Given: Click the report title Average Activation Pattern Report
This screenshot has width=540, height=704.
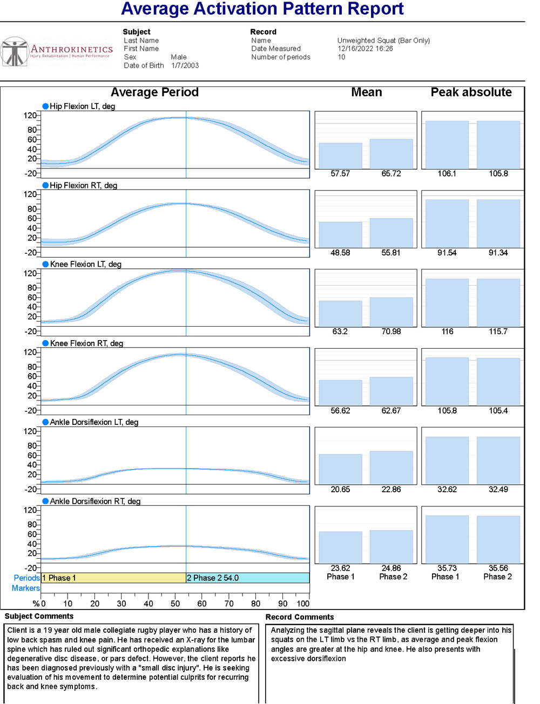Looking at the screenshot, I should tap(262, 9).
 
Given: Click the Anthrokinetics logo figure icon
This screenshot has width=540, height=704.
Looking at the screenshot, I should tap(15, 52).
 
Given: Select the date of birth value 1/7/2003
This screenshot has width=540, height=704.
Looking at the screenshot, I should tap(185, 65).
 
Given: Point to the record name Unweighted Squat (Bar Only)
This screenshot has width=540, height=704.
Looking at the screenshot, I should tap(383, 40).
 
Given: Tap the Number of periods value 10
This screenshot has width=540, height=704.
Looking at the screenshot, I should tap(341, 57).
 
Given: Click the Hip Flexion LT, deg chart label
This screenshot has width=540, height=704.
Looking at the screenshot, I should tap(82, 106).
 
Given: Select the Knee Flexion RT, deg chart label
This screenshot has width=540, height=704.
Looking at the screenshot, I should tap(86, 343).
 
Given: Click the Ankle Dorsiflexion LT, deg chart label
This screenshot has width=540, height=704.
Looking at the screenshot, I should tap(94, 422).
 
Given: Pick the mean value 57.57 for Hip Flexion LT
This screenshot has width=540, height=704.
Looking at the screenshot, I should tap(340, 174).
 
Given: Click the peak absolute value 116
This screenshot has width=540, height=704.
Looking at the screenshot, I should tap(448, 331).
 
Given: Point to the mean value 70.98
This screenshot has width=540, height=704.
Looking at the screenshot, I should tap(391, 331).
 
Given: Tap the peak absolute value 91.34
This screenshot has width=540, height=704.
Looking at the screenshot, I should tap(498, 253).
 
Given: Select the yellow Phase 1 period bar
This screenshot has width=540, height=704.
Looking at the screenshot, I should tap(113, 578).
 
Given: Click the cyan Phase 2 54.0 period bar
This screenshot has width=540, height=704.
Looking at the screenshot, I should tap(247, 578).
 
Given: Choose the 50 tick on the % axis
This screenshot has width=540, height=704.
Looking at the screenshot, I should tap(175, 604).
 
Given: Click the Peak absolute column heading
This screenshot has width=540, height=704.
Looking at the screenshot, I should tap(471, 92).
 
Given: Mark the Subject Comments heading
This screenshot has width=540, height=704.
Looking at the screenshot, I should tap(39, 617).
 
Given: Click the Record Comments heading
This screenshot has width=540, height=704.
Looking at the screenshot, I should tap(300, 617).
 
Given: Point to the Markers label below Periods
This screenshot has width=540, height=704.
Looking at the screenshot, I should tap(26, 588).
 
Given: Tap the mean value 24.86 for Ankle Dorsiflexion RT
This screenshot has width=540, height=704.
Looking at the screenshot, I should tap(391, 568).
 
